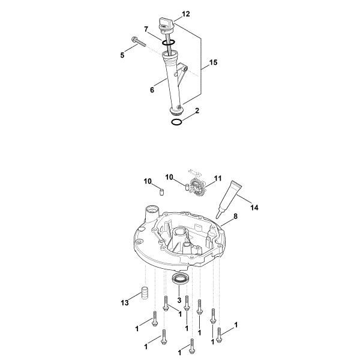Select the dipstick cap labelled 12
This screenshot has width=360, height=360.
click(x=165, y=23)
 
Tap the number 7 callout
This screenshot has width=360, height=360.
click(x=146, y=29)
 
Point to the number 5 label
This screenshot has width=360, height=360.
click(x=122, y=55)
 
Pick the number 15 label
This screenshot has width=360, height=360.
click(x=213, y=62)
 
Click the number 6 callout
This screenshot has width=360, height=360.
click(x=152, y=89)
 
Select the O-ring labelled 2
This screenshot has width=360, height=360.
click(x=176, y=122)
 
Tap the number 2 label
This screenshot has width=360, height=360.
click(x=197, y=111)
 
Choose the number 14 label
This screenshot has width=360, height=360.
click(x=254, y=208)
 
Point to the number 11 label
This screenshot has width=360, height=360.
click(x=218, y=178)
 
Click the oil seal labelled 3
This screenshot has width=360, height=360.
click(x=180, y=278)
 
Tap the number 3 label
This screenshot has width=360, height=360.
click(x=180, y=300)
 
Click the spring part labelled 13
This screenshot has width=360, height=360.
click(x=144, y=295)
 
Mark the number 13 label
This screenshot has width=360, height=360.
click(x=125, y=304)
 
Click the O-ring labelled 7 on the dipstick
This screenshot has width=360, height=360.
click(x=169, y=43)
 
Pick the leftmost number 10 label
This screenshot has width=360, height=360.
click(x=148, y=181)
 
